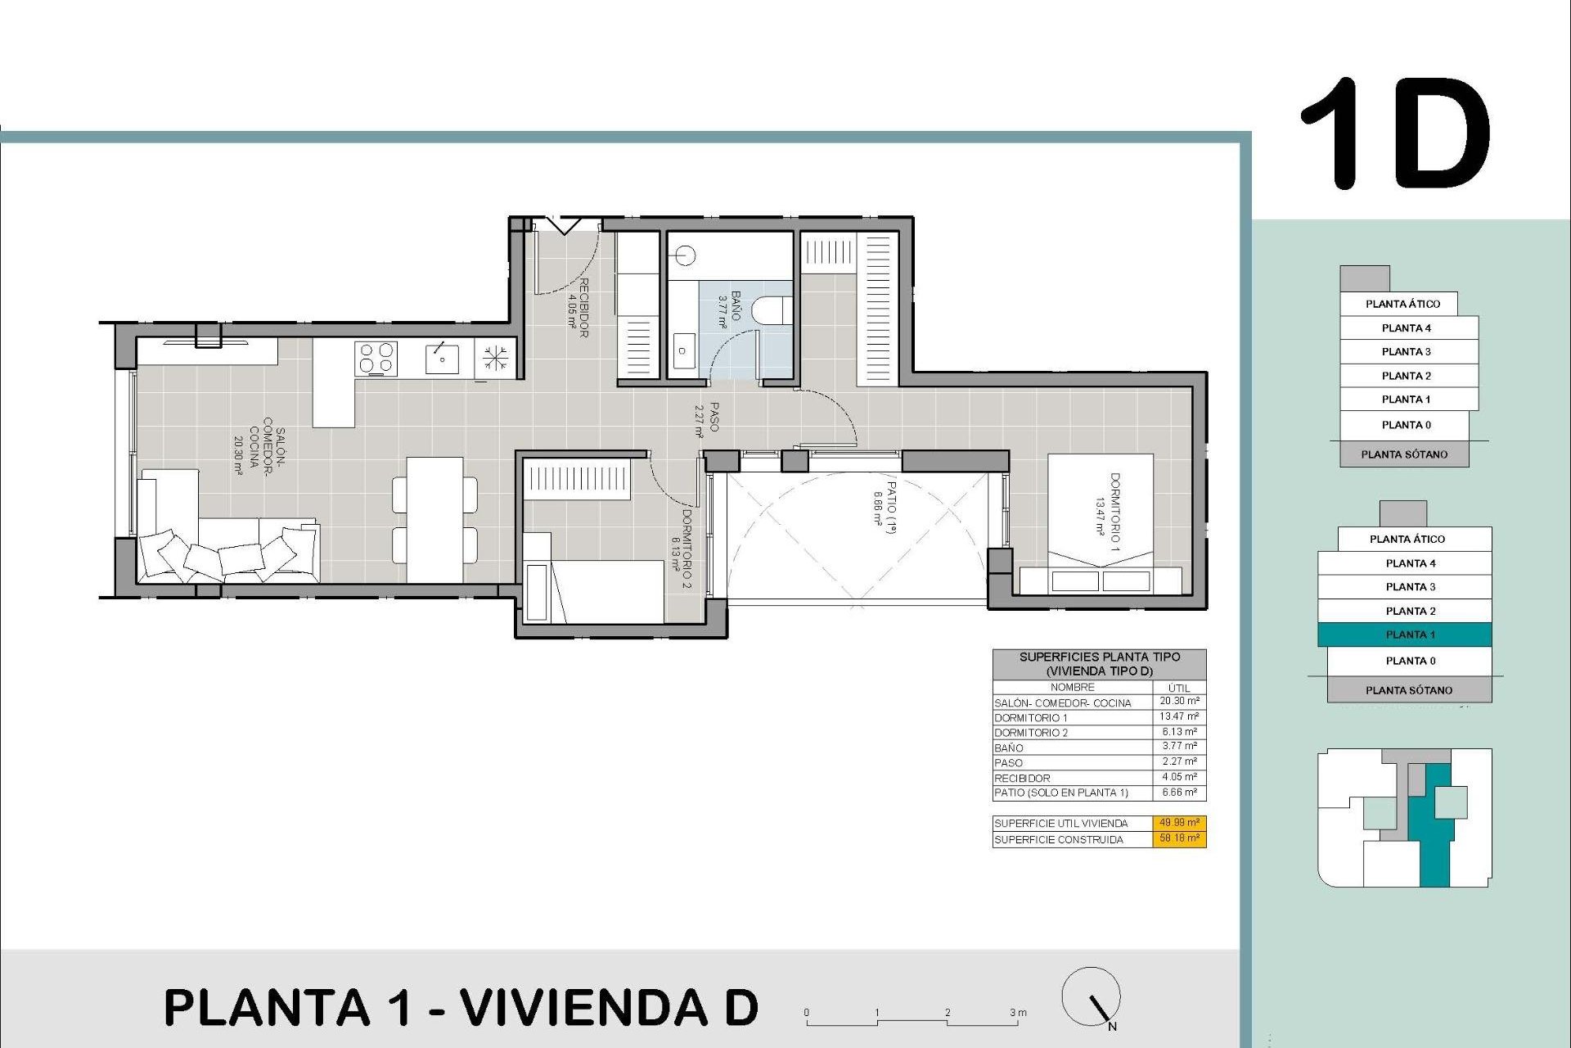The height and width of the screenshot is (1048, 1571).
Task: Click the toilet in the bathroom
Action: [x=771, y=310]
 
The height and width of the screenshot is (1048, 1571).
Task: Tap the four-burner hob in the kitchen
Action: [x=376, y=359]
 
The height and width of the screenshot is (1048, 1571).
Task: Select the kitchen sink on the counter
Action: [x=442, y=359]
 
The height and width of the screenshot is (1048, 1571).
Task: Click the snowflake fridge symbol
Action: [x=494, y=358]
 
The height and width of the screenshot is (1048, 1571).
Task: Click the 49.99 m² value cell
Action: [x=1179, y=823]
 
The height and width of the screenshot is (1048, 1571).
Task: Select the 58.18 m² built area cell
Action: [x=1179, y=838]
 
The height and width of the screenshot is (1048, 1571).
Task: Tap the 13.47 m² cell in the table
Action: [x=1179, y=716]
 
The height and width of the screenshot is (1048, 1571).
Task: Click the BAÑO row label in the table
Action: [x=1009, y=748]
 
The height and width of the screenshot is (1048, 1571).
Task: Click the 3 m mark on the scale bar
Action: [x=1017, y=1014]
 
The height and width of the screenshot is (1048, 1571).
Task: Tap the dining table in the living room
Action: [x=434, y=519]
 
